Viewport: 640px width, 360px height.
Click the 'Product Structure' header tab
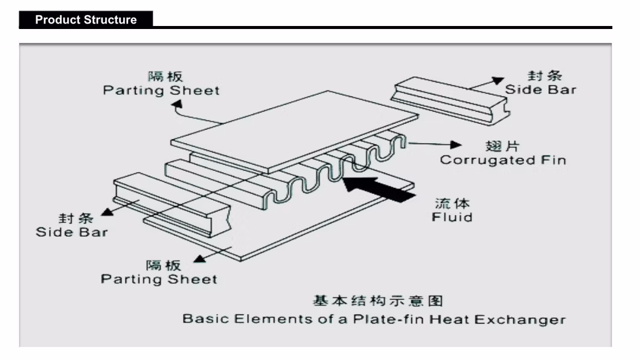86,19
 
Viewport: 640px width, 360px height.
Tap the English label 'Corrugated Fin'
502,160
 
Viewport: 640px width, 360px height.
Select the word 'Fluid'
452,216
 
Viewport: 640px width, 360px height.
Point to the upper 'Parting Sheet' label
161,91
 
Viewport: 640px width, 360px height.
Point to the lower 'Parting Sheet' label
159,279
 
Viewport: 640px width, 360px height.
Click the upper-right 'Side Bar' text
540,90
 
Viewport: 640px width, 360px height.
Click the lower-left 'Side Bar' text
72,232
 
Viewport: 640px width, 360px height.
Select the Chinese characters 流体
452,202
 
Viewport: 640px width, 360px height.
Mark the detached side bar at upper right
450,100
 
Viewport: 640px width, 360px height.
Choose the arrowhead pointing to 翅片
457,144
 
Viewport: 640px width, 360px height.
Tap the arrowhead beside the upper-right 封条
498,80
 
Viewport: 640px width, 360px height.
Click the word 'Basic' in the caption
202,319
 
